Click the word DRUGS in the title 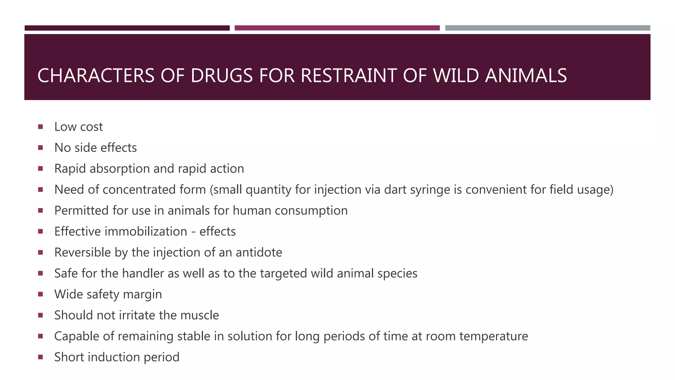221,76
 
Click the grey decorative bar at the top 547,28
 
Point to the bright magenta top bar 337,28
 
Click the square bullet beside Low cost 41,127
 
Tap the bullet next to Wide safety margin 41,294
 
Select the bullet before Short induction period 41,357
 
